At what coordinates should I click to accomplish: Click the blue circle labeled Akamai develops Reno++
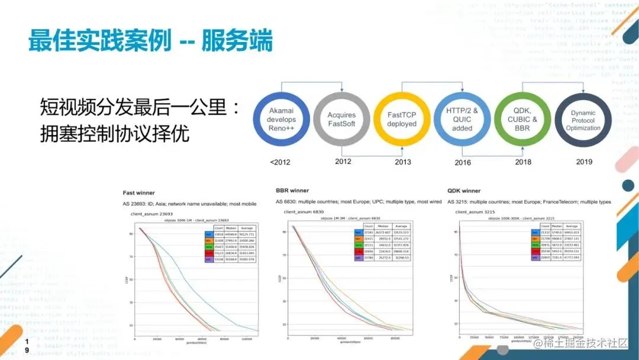click(281, 120)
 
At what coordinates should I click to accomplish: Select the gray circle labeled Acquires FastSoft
click(341, 120)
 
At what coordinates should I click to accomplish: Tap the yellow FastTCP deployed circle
click(402, 120)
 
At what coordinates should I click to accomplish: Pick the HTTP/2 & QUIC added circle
click(462, 120)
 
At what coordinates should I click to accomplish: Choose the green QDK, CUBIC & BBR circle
click(522, 120)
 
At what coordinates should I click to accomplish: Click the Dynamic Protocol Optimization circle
click(583, 120)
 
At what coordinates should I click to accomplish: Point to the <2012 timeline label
click(280, 162)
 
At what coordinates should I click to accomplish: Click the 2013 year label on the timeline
click(402, 162)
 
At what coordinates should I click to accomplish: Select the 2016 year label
click(463, 162)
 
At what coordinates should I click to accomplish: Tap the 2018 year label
click(523, 162)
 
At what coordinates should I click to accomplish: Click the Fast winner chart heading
click(138, 193)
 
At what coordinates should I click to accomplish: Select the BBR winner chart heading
click(292, 191)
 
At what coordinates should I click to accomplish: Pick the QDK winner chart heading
click(464, 191)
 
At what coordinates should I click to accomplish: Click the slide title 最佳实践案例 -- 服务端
click(150, 42)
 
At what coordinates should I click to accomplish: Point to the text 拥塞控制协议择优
click(114, 133)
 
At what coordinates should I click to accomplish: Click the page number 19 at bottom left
click(26, 346)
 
